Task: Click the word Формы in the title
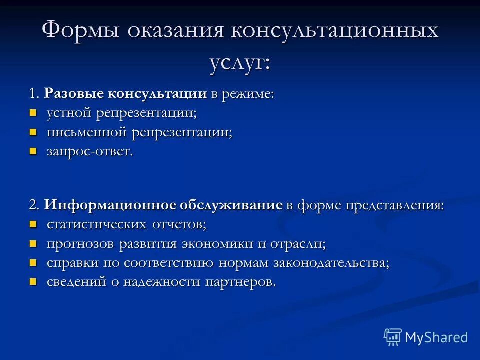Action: (x=80, y=31)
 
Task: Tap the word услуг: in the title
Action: (x=240, y=63)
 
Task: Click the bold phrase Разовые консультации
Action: (x=125, y=94)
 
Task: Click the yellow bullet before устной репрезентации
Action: (x=33, y=113)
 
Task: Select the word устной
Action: (x=70, y=113)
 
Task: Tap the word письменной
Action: (x=87, y=133)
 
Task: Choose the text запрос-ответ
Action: (x=90, y=152)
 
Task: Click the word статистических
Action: (x=97, y=224)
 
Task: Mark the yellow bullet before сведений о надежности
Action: (x=33, y=281)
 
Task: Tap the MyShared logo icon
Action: (x=393, y=337)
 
